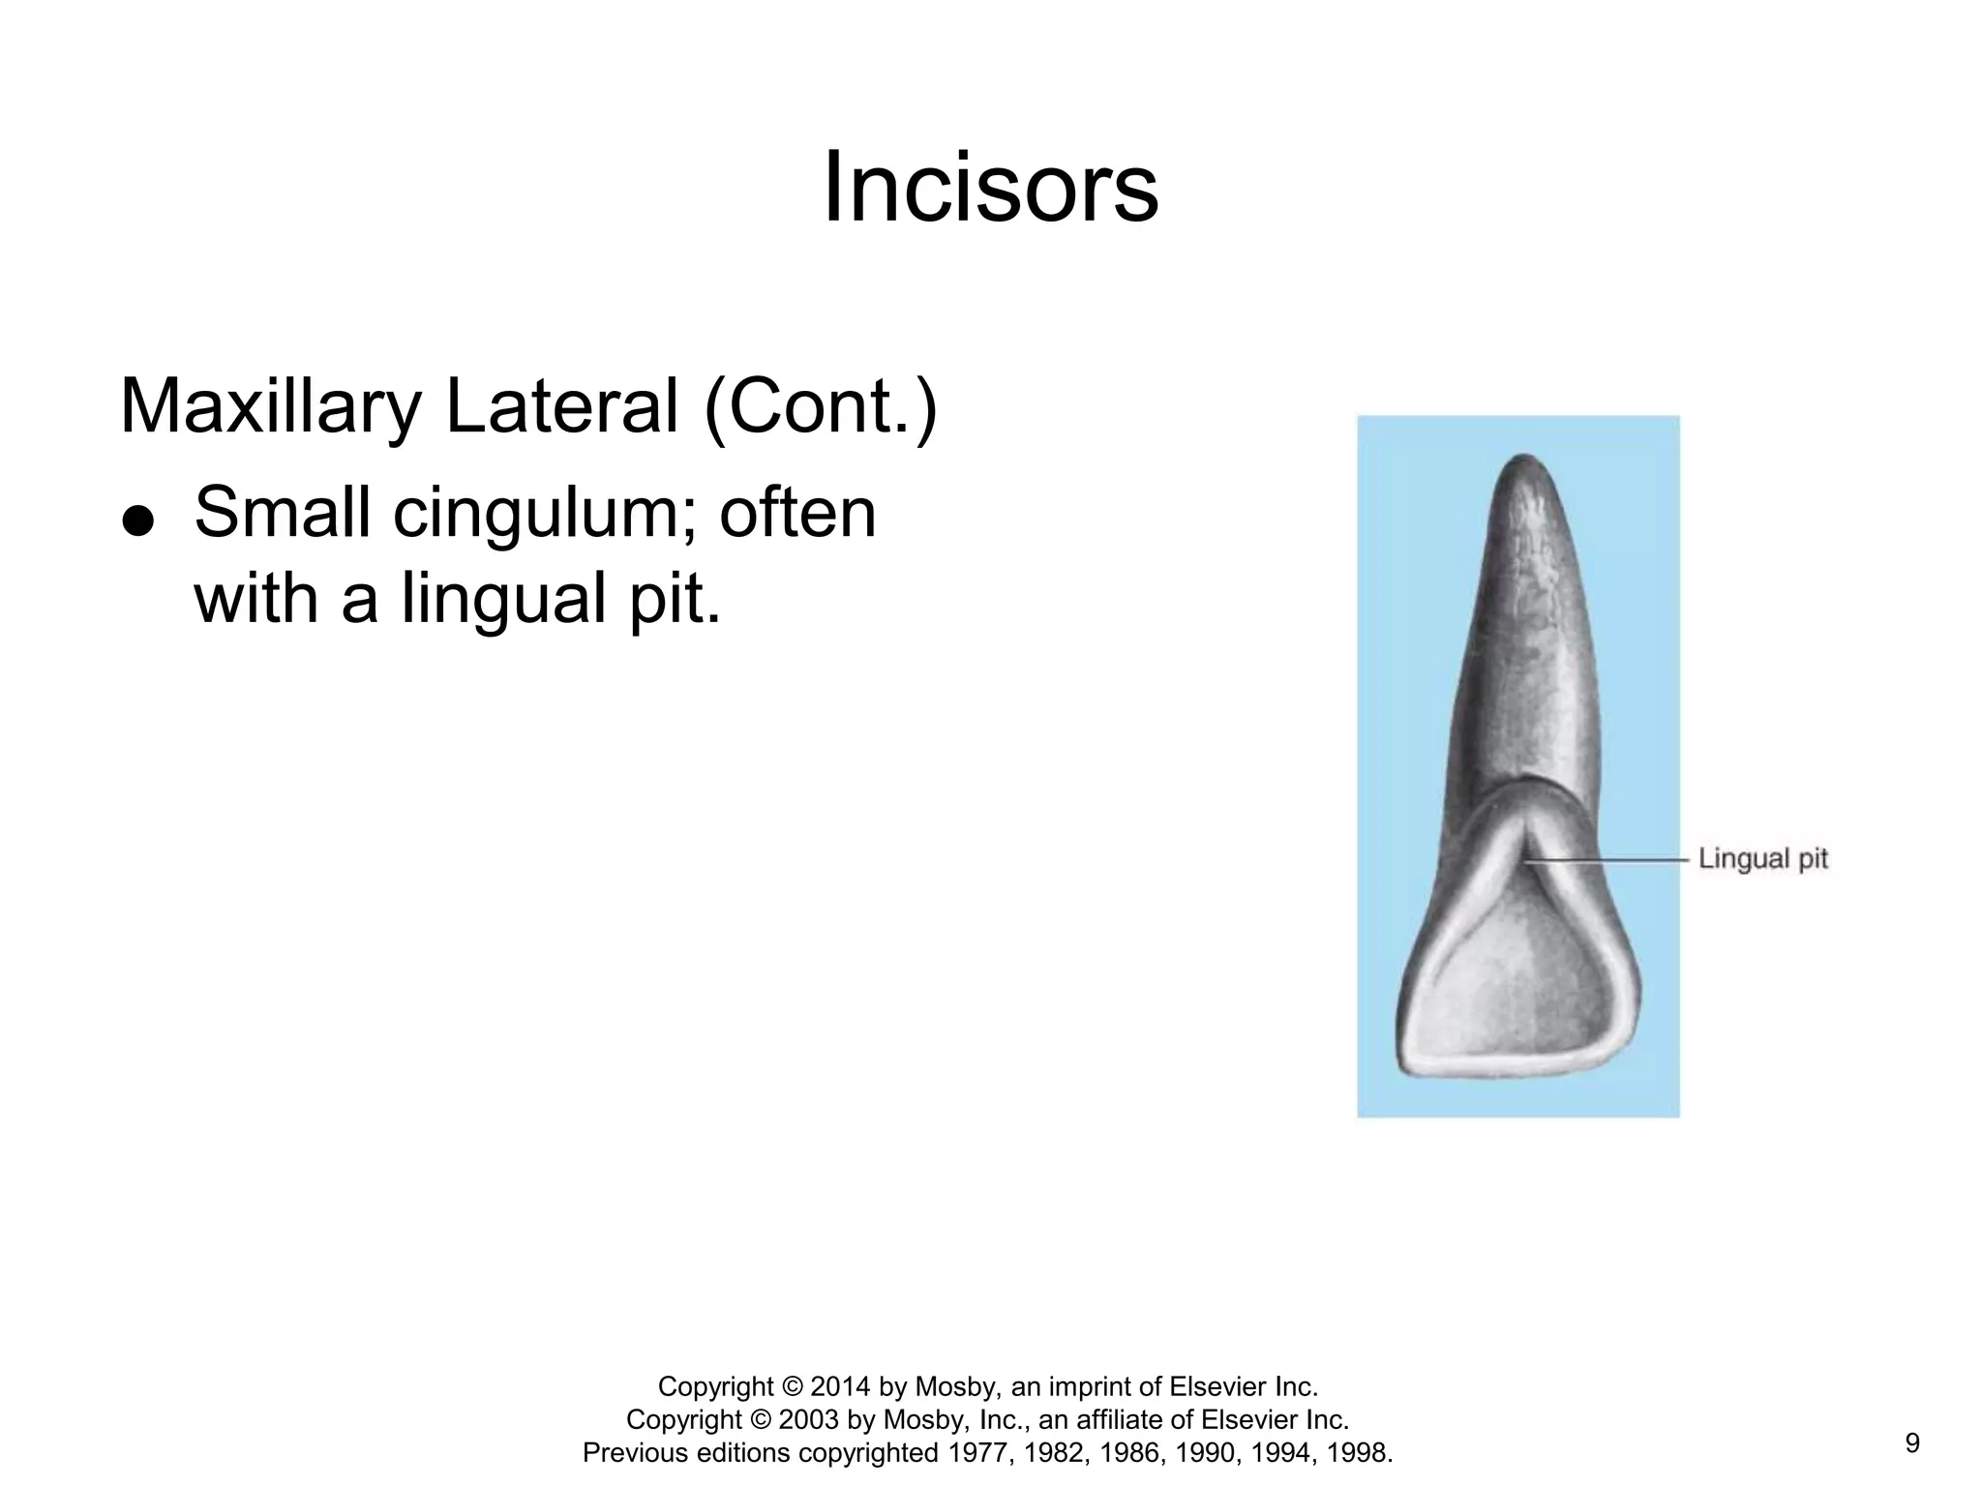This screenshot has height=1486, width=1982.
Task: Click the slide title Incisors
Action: click(990, 188)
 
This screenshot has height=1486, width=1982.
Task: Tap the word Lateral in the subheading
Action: click(562, 406)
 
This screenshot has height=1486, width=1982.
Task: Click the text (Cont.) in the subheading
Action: click(821, 406)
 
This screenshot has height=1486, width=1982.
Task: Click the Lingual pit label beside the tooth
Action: click(1762, 858)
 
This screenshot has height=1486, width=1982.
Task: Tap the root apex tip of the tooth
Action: click(1524, 459)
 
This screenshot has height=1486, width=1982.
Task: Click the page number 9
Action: click(1911, 1443)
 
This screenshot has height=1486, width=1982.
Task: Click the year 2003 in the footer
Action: click(809, 1419)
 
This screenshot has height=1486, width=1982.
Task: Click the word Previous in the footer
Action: click(635, 1452)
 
